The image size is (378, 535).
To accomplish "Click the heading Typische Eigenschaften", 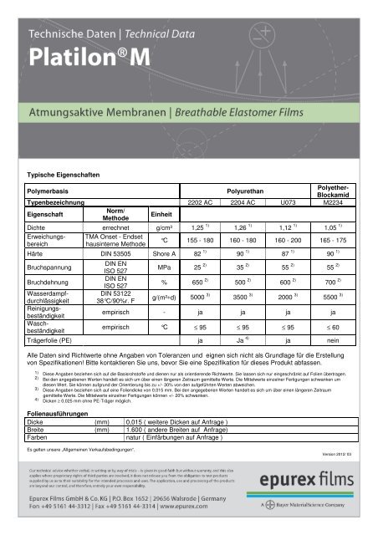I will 69,175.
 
